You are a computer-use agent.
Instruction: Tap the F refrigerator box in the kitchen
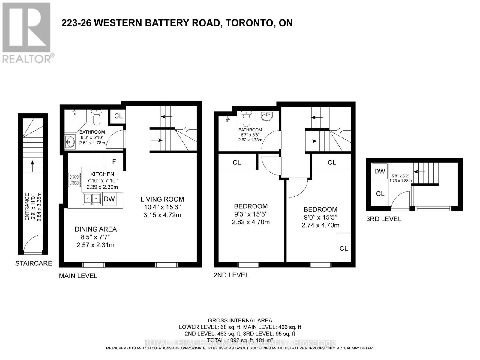(114, 162)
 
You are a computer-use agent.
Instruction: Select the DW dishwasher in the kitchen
(109, 199)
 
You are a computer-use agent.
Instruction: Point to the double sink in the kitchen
(92, 199)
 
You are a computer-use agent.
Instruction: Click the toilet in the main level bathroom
(97, 118)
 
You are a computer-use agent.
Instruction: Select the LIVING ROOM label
(162, 199)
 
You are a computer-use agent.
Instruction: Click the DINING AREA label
(96, 229)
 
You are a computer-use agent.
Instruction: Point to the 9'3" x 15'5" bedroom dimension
(251, 214)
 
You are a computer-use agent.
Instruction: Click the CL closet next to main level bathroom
(118, 116)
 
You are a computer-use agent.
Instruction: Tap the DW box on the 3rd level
(379, 171)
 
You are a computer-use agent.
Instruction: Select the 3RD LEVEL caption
(384, 219)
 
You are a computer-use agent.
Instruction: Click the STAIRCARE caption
(34, 263)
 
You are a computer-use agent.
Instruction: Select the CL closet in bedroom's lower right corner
(343, 248)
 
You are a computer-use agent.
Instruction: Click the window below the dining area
(94, 265)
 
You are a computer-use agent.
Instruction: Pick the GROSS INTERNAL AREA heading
(240, 321)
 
